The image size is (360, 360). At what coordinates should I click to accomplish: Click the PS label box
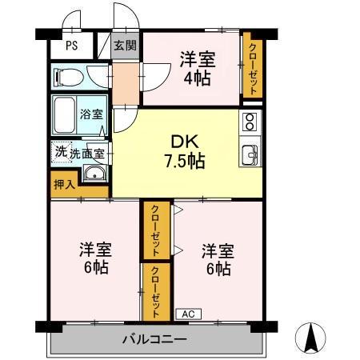71,46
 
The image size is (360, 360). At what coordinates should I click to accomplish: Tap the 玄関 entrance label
124,46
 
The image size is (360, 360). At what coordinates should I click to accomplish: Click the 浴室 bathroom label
90,114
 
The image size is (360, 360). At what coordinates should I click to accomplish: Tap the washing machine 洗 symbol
61,150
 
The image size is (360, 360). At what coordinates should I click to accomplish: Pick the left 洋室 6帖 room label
95,257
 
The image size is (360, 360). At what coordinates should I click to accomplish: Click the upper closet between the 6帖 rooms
155,230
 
